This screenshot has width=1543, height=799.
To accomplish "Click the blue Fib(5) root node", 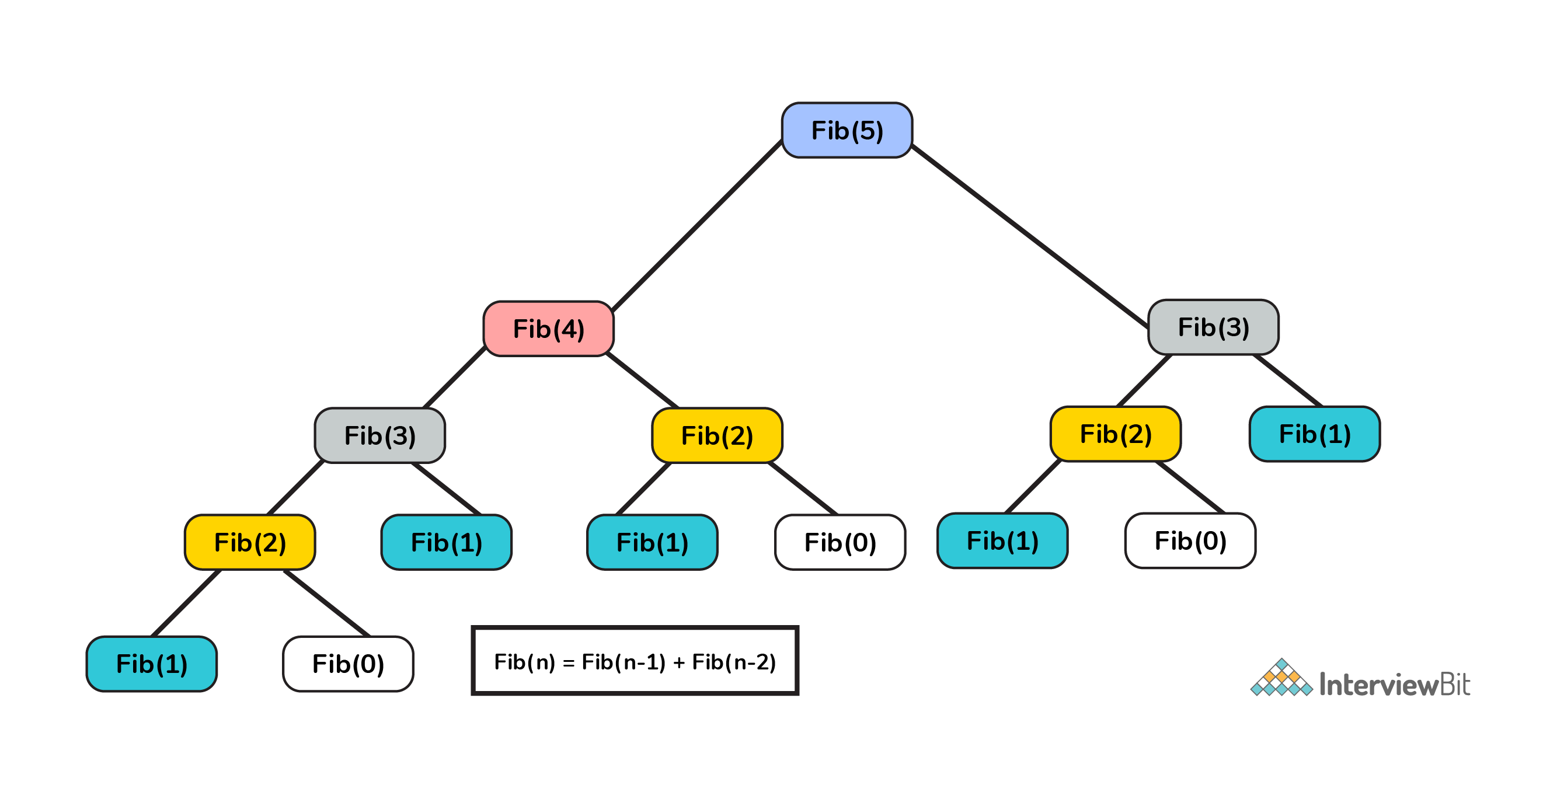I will [x=847, y=131].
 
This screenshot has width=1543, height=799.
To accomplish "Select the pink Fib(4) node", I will [x=548, y=329].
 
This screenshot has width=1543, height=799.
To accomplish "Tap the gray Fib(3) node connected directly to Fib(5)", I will [x=1213, y=327].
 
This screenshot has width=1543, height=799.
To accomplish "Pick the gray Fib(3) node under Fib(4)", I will [x=379, y=435].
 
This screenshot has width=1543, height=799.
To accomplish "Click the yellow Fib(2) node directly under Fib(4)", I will [x=717, y=435].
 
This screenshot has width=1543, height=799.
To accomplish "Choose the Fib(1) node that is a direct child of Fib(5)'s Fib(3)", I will [x=1314, y=434].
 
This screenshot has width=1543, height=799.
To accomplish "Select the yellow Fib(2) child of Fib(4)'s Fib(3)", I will [x=250, y=543].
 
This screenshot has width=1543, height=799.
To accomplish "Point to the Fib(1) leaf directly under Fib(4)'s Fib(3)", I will [x=446, y=543].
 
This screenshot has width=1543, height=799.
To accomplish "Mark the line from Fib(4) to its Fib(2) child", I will [x=642, y=381].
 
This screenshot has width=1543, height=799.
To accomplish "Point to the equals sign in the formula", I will [x=569, y=663].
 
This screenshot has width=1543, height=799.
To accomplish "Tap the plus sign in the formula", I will [x=678, y=663].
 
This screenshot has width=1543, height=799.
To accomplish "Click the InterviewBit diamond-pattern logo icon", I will [x=1281, y=679].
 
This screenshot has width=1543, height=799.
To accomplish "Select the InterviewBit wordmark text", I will [x=1395, y=685].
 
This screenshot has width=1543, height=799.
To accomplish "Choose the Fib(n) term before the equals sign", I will [x=525, y=662].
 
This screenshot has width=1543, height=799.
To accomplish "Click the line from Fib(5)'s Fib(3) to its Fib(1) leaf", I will [x=1288, y=381].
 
